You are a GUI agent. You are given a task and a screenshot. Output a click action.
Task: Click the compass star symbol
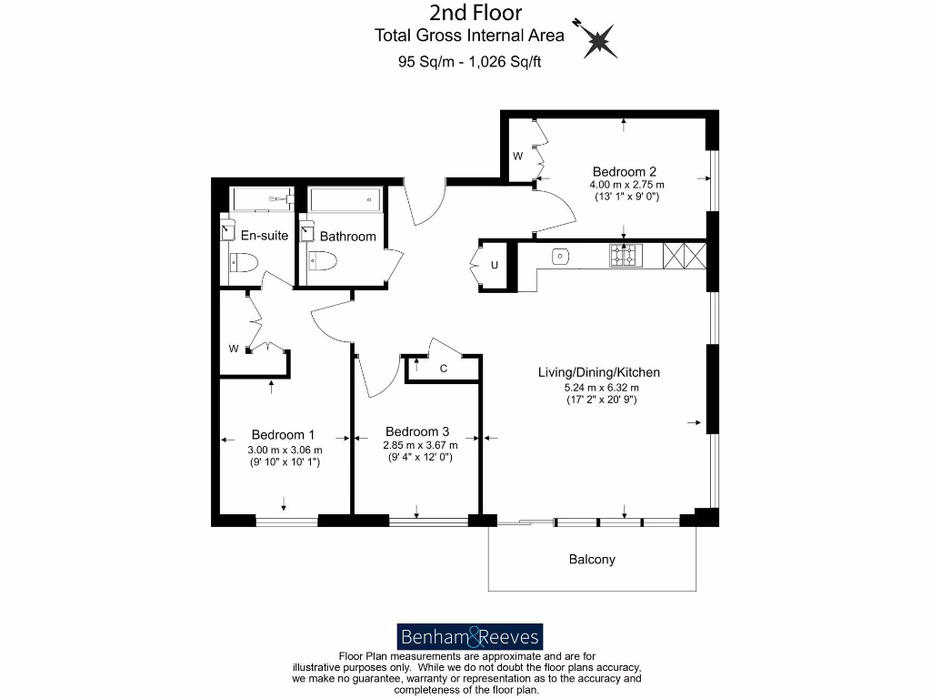tap(598, 39)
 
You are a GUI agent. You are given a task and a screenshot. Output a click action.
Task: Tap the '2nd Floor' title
tap(476, 13)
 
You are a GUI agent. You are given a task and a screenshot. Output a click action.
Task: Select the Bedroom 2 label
tap(624, 171)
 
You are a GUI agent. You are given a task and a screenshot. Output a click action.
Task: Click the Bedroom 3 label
tap(417, 431)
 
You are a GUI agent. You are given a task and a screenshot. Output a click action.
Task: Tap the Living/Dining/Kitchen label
tap(599, 372)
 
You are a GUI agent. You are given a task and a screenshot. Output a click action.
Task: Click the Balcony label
tap(592, 559)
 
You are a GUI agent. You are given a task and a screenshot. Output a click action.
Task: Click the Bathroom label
tap(347, 237)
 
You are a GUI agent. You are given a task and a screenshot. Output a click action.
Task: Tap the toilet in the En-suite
tap(246, 262)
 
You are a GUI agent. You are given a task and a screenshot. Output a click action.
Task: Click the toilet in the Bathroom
tap(323, 262)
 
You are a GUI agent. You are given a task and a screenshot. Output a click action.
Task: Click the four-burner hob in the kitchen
tap(625, 256)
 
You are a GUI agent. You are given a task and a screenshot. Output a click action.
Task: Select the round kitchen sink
tap(560, 256)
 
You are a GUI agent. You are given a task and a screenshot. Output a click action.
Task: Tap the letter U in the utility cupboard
tap(495, 266)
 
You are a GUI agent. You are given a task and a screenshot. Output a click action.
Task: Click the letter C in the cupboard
tap(444, 369)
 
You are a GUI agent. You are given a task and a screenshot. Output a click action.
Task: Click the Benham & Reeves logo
tap(469, 636)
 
